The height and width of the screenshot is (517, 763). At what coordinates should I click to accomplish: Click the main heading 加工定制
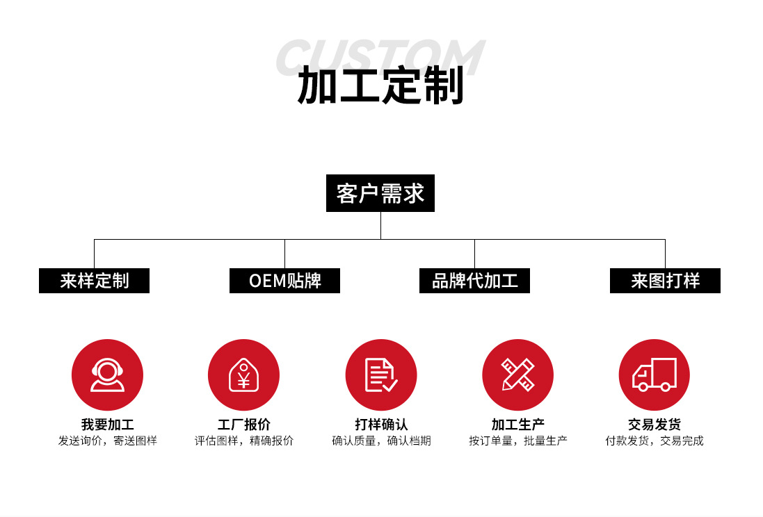coord(380,87)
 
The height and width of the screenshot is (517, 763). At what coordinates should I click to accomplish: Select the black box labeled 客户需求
coord(380,193)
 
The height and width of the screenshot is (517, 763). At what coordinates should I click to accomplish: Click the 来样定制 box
coord(95,281)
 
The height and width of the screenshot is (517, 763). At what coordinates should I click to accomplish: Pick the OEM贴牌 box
coord(284,281)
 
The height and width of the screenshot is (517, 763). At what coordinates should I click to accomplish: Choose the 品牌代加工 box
coord(474,281)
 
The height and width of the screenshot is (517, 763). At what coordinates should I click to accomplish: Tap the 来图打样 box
coord(665,281)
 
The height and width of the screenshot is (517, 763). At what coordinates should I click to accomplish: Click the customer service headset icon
coord(107,375)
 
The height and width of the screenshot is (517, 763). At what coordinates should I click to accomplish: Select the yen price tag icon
coord(243,375)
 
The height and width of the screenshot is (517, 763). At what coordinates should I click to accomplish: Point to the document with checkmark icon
coord(380,375)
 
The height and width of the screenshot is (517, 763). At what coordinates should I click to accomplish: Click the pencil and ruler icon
coord(517,375)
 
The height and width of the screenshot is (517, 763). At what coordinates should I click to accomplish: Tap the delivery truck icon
coord(654,375)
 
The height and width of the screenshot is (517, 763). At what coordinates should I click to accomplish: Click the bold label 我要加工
coord(107,424)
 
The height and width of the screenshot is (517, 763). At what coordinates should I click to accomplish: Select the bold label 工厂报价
coord(243,424)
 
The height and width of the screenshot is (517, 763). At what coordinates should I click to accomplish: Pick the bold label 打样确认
coord(380,424)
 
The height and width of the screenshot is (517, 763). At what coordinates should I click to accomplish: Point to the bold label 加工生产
coord(517,424)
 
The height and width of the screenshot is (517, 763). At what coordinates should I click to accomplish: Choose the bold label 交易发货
coord(654,424)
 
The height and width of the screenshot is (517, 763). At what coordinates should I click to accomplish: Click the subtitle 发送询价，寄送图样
coord(107,441)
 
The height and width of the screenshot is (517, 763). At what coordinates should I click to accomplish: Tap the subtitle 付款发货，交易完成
coord(654,441)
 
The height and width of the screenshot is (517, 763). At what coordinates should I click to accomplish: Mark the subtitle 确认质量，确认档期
coord(380,441)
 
